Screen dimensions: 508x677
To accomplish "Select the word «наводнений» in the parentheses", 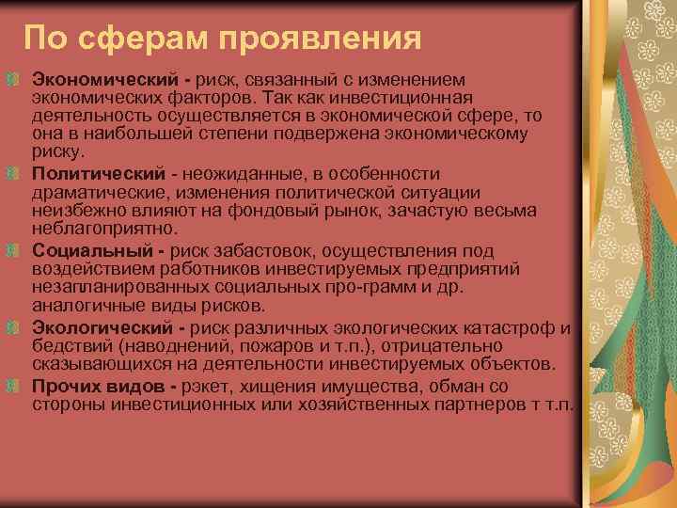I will (154, 346).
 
